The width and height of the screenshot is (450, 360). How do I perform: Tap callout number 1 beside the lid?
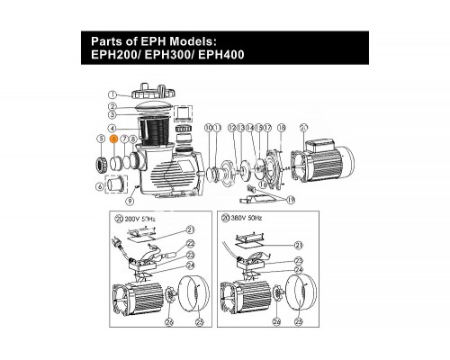coord(112,94)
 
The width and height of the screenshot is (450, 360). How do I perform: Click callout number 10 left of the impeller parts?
coord(209,129)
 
